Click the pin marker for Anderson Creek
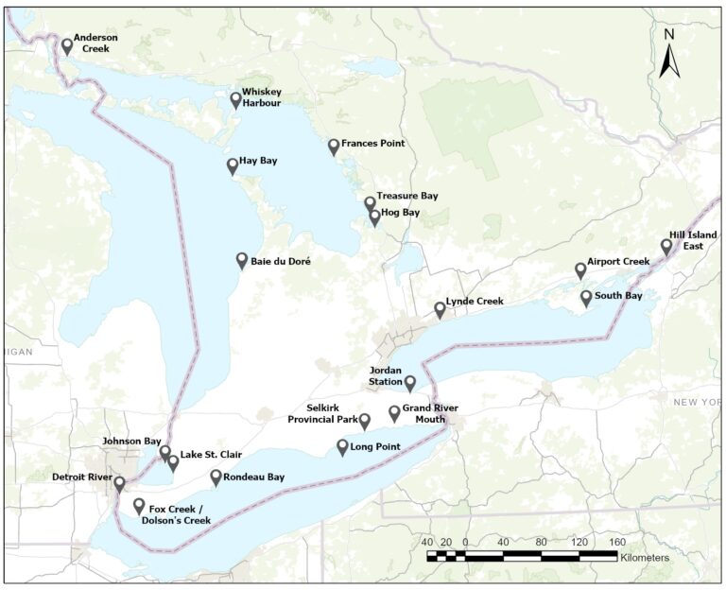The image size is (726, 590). click(67, 45)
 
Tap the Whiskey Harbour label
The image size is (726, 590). click(261, 97)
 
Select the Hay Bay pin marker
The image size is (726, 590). click(233, 166)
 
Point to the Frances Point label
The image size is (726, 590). click(372, 144)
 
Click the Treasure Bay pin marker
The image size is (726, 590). click(370, 203)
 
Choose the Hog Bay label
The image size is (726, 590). click(400, 214)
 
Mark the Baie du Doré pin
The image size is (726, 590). click(242, 261)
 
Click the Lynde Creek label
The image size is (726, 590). click(477, 302)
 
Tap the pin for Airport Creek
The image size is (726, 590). click(580, 270)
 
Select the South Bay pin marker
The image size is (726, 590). click(586, 298)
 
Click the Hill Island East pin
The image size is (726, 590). click(666, 246)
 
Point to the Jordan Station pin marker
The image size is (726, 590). click(410, 382)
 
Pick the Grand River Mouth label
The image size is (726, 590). click(430, 414)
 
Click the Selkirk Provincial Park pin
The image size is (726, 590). click(365, 421)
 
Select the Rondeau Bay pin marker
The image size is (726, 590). click(216, 477)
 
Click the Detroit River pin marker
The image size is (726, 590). click(119, 483)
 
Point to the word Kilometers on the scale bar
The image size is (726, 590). click(645, 558)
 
